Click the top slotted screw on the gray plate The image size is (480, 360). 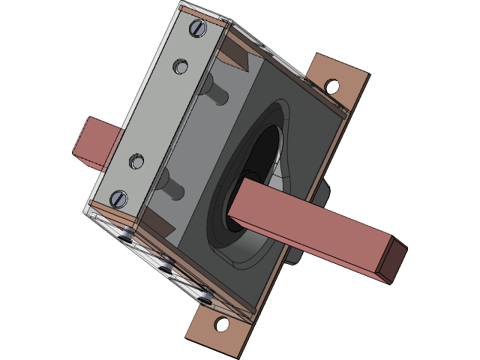(199, 28)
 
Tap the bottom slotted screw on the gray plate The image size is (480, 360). (118, 199)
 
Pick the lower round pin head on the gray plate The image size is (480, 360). (136, 160)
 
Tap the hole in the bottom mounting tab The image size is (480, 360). (220, 325)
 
